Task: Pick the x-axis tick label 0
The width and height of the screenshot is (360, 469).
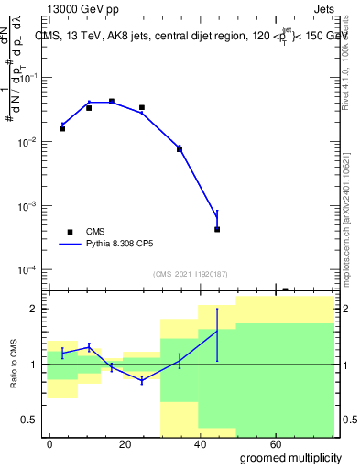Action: tap(49, 443)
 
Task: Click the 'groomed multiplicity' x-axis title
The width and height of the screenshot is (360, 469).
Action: tap(291, 457)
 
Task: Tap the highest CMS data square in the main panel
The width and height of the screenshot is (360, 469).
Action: tap(112, 102)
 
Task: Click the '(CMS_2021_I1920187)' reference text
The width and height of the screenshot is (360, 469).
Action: tap(190, 273)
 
